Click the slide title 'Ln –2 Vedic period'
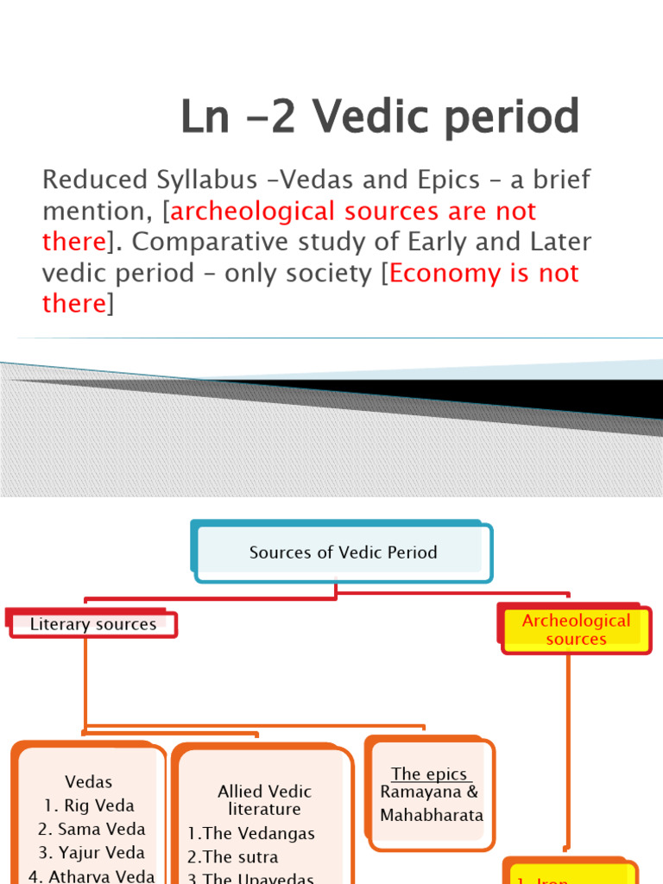pos(380,117)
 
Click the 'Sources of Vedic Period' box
pos(343,552)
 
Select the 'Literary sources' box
pos(93,624)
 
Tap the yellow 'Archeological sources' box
pos(576,629)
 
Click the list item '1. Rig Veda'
pos(89,805)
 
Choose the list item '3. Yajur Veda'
pos(91,853)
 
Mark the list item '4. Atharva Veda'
pos(92,875)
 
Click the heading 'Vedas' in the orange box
pos(89,782)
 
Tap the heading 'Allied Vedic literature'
pos(264,800)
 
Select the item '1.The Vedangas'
pos(251,834)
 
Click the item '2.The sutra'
pos(233,858)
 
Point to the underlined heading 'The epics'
pos(429,774)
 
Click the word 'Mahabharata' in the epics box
pos(432,815)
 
